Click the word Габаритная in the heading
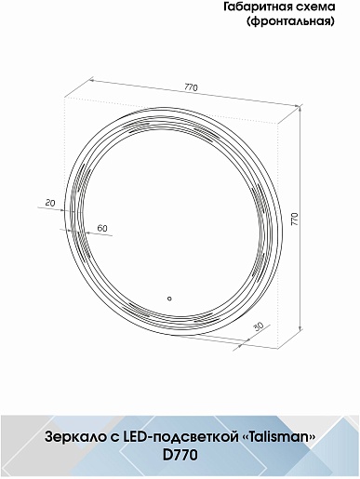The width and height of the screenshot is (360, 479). (x=258, y=7)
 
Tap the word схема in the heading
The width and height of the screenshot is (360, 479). (x=315, y=7)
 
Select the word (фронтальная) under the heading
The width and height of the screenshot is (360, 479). (x=290, y=21)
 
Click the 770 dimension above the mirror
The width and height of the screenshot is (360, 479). (x=191, y=87)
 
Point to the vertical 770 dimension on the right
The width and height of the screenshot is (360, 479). (x=295, y=219)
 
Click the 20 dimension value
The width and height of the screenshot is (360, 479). (x=50, y=203)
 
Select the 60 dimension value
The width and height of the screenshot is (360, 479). (x=102, y=228)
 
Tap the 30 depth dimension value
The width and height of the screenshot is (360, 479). (x=258, y=326)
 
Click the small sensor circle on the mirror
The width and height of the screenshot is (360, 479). (x=169, y=299)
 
